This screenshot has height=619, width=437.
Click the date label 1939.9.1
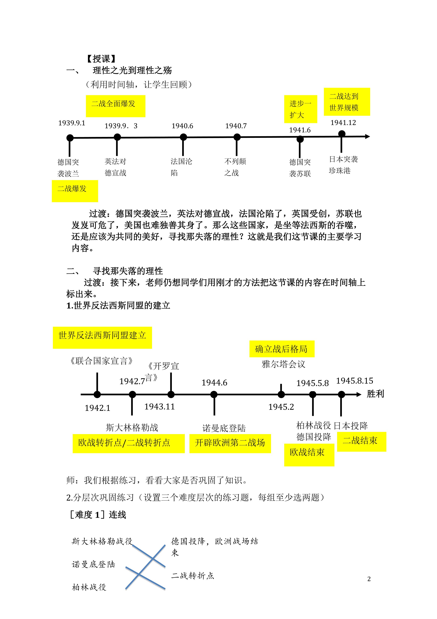pos(72,123)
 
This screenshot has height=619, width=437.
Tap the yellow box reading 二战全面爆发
pos(115,106)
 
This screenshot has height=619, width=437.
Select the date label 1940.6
pos(182,126)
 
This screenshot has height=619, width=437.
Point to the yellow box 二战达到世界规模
pos(347,102)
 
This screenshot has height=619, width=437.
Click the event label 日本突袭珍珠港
pos(343,165)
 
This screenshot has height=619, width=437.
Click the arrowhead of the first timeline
pos(367,136)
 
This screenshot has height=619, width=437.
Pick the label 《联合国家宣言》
pos(101,361)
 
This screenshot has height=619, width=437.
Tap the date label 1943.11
pos(160,407)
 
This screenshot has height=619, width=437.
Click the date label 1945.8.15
pos(355,381)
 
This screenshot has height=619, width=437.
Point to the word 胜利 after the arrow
pos(375,394)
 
